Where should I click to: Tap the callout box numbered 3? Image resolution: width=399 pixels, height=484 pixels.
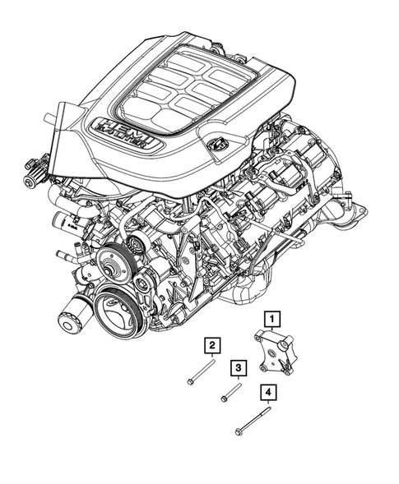pos(239,367)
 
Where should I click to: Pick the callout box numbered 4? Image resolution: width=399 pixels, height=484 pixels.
pos(267,393)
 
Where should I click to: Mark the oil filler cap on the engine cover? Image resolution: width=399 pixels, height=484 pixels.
pos(220,145)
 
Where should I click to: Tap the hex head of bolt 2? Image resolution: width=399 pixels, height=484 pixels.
pos(190,381)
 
